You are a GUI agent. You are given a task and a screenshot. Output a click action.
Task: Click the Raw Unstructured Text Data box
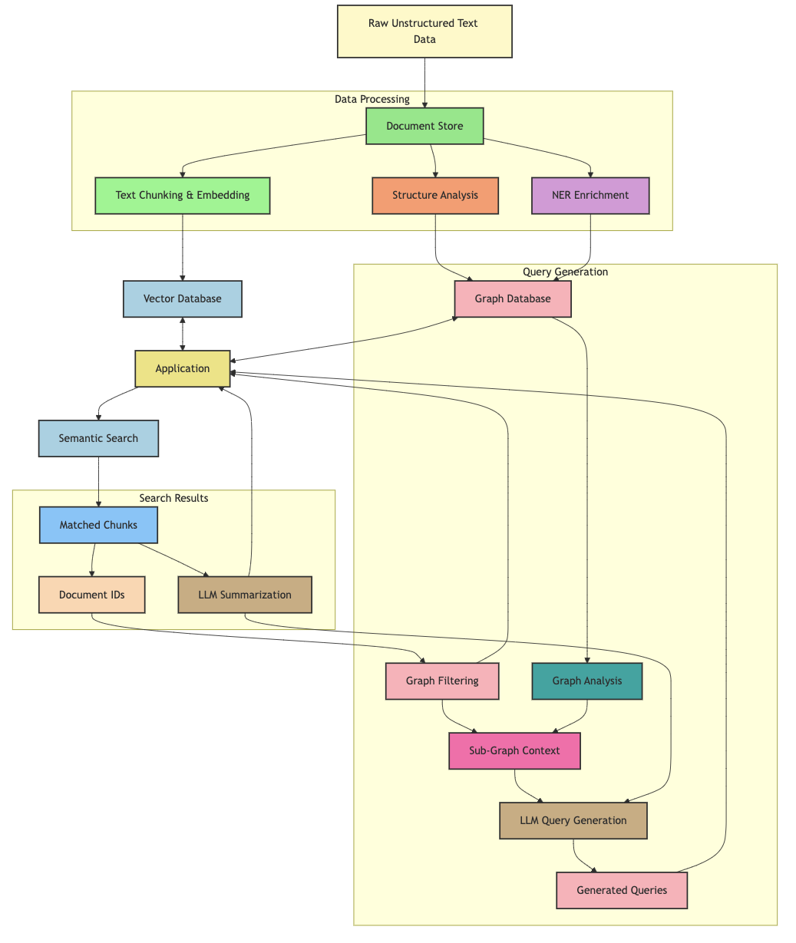pyautogui.click(x=424, y=31)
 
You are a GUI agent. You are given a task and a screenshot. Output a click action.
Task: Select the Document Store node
pyautogui.click(x=424, y=126)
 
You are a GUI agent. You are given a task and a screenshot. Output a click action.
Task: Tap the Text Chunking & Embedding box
pyautogui.click(x=182, y=195)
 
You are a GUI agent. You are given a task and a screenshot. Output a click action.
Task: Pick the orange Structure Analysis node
pyautogui.click(x=434, y=195)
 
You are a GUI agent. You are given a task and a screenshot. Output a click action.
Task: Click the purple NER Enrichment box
pyautogui.click(x=590, y=195)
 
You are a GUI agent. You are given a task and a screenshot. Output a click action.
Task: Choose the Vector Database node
pyautogui.click(x=182, y=298)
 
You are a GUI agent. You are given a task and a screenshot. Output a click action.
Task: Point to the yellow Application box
pyautogui.click(x=182, y=368)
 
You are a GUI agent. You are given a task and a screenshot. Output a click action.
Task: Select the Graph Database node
pyautogui.click(x=512, y=298)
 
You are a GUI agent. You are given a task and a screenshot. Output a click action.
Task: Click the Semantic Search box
pyautogui.click(x=98, y=438)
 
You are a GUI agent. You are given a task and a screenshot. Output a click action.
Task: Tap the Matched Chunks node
pyautogui.click(x=98, y=525)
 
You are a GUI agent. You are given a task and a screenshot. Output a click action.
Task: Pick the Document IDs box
pyautogui.click(x=91, y=595)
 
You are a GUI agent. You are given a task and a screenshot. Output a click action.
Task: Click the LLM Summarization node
pyautogui.click(x=244, y=595)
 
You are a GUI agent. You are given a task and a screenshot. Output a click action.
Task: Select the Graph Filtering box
pyautogui.click(x=442, y=681)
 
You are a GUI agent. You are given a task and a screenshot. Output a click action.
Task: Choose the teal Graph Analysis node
pyautogui.click(x=586, y=681)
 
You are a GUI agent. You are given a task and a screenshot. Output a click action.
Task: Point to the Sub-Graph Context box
pyautogui.click(x=514, y=750)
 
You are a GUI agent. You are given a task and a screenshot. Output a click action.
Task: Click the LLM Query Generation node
pyautogui.click(x=573, y=820)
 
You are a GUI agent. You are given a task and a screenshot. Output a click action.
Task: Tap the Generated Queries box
pyautogui.click(x=621, y=890)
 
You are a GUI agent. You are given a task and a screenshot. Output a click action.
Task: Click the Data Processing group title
pyautogui.click(x=372, y=99)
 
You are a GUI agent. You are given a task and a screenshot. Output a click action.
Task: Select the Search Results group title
pyautogui.click(x=173, y=498)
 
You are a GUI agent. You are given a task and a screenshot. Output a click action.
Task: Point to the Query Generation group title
pyautogui.click(x=565, y=272)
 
